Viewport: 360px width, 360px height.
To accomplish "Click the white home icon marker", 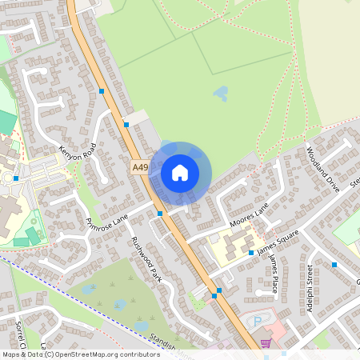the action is pyautogui.click(x=180, y=172).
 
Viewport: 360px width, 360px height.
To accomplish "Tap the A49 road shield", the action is pyautogui.click(x=140, y=166).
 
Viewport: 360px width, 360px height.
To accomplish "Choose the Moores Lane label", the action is pyautogui.click(x=249, y=214).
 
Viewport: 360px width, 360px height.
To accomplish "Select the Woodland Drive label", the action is pyautogui.click(x=323, y=167).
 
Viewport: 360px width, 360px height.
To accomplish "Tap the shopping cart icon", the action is pyautogui.click(x=266, y=343).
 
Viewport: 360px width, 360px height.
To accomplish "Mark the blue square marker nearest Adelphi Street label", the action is pyautogui.click(x=334, y=265).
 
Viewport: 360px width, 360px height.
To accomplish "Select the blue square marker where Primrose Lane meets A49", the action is pyautogui.click(x=161, y=214).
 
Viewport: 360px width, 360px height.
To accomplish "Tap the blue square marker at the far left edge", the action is pyautogui.click(x=16, y=178).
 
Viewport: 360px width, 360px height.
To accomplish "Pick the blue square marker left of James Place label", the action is pyautogui.click(x=251, y=253).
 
